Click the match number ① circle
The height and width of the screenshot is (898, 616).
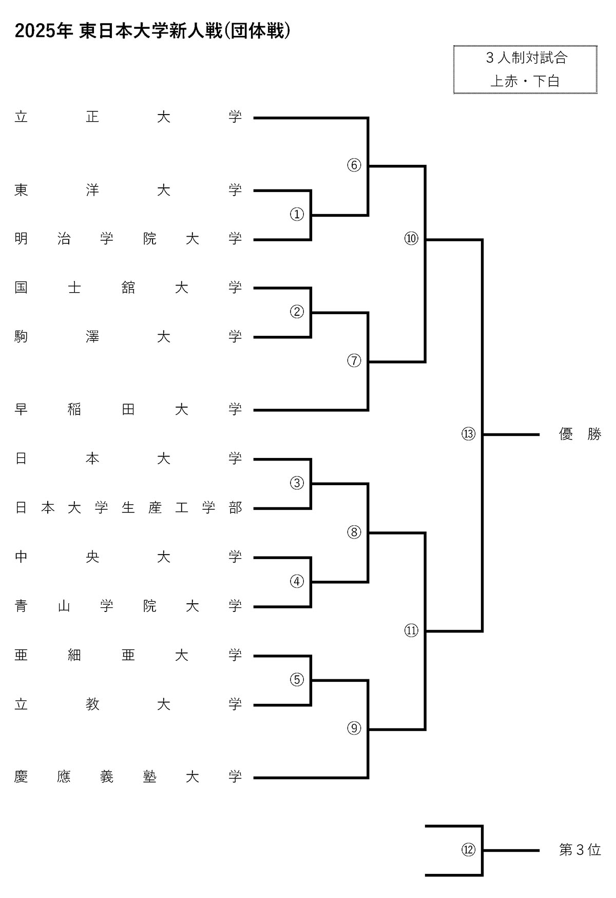(297, 214)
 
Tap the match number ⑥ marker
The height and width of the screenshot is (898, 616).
(354, 165)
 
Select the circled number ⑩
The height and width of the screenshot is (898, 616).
(411, 238)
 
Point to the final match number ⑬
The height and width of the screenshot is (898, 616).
(468, 434)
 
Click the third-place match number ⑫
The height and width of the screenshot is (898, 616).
(468, 850)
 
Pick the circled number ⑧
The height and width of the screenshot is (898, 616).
(354, 532)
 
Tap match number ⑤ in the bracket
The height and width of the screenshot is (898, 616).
(297, 679)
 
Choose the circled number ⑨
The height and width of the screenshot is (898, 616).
(354, 728)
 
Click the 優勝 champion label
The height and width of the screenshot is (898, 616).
(580, 434)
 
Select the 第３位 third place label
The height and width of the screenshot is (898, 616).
(580, 850)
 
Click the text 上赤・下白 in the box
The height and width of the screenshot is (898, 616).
(525, 81)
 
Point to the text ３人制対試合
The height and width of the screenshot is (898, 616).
(526, 58)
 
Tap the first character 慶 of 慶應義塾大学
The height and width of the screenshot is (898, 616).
(21, 777)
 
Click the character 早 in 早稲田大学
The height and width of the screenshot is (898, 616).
(21, 409)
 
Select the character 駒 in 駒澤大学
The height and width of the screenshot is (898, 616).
(21, 336)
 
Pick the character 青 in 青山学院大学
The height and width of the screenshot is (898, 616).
(21, 606)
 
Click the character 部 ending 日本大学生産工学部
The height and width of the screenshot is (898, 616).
(235, 508)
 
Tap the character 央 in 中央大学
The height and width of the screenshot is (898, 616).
(92, 557)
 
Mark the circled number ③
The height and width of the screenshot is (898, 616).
(297, 483)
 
